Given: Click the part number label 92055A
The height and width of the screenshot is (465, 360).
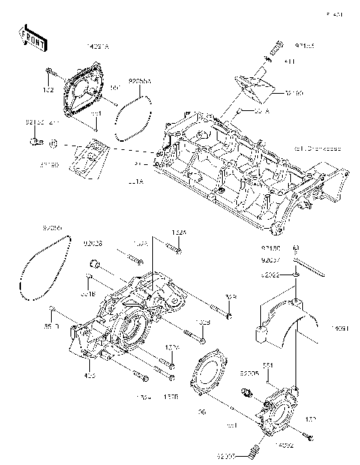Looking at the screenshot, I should point(140,79).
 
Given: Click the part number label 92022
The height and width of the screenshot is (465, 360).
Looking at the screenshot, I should point(271,274).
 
